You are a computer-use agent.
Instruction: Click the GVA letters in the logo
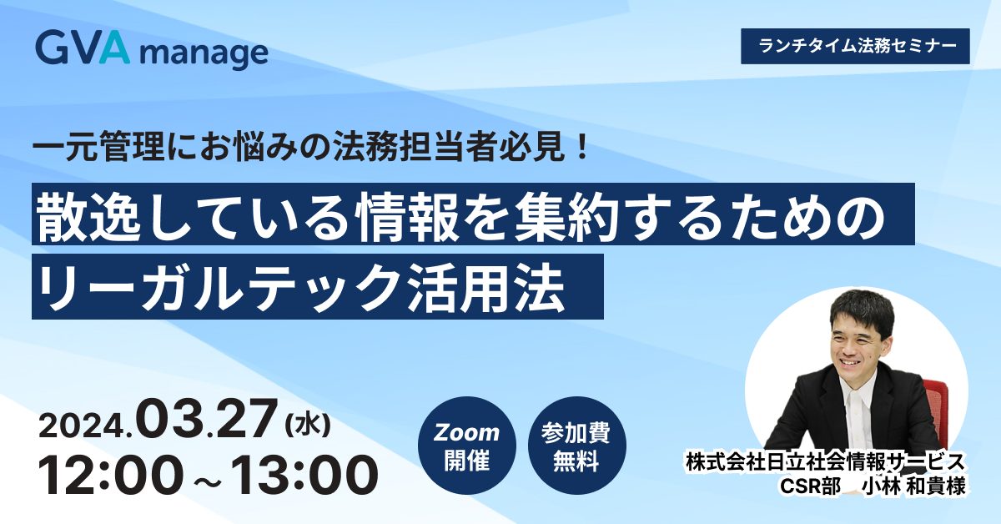tap(83, 48)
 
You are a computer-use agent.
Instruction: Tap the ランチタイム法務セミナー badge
tap(855, 46)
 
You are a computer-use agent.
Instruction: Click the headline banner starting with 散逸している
tap(473, 214)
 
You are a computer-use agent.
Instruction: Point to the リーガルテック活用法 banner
tap(318, 286)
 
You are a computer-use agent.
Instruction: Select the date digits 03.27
tap(207, 420)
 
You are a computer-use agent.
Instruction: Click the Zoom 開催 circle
tap(467, 446)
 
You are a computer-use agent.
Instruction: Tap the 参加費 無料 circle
tap(577, 446)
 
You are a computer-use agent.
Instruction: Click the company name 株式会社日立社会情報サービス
tap(825, 461)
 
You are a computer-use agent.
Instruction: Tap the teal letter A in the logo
tap(114, 48)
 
